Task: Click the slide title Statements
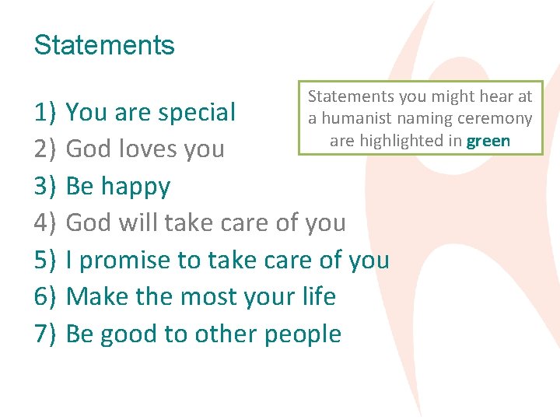(x=104, y=45)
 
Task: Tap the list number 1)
(x=45, y=113)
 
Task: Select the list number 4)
(x=45, y=223)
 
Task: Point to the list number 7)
(x=45, y=334)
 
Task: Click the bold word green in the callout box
(x=488, y=142)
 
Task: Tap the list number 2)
(x=45, y=149)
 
